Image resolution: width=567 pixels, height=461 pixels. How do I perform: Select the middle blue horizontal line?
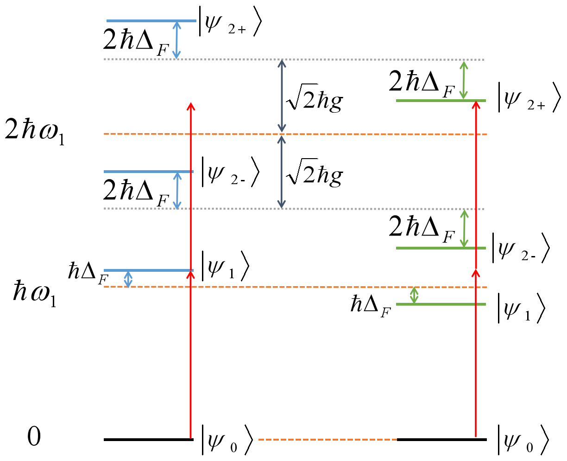tap(139, 172)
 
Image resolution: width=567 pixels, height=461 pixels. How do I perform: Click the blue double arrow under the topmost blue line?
tap(176, 40)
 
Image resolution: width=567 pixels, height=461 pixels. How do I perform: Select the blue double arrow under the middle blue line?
tap(177, 190)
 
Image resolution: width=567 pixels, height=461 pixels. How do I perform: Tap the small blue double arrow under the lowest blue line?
tap(128, 279)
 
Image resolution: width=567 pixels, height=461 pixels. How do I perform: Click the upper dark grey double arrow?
tap(282, 96)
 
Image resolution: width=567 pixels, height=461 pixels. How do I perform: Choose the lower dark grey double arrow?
tap(281, 172)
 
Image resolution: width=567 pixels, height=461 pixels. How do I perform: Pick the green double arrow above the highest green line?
tap(463, 80)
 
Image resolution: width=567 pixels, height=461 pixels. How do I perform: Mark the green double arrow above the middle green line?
tap(464, 229)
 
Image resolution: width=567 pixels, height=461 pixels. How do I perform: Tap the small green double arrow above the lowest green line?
tap(414, 295)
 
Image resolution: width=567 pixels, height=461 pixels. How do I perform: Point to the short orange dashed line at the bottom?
tap(328, 440)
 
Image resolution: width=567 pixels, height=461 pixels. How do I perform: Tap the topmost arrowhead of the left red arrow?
tap(190, 106)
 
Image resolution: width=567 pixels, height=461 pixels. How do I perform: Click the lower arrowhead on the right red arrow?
tap(476, 273)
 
